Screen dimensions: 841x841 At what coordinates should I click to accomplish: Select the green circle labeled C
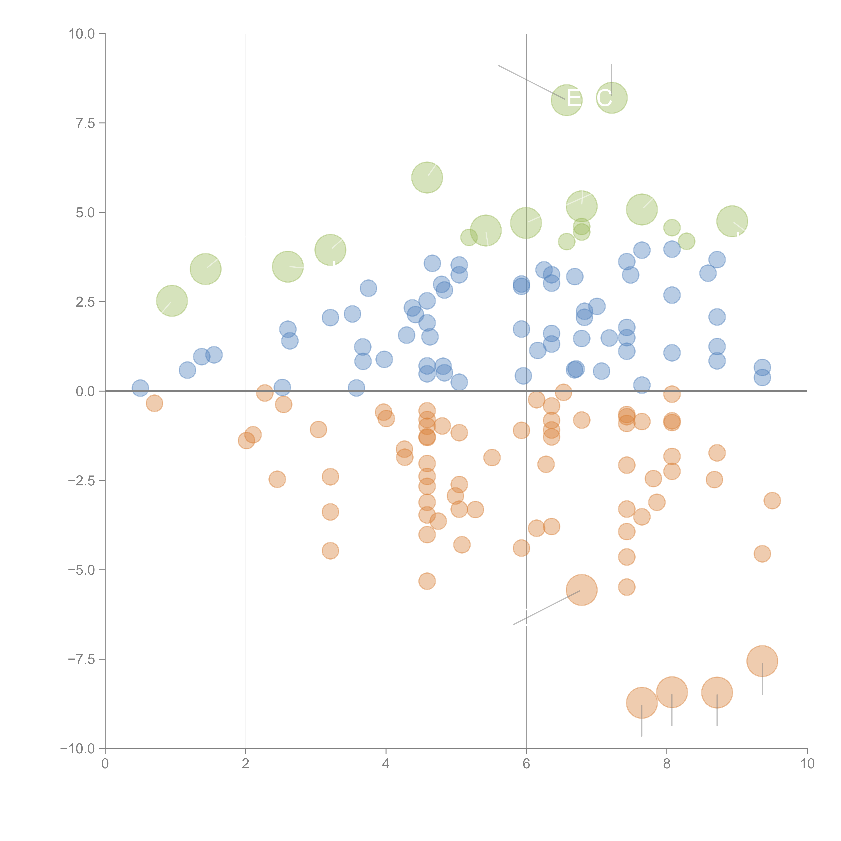(x=612, y=98)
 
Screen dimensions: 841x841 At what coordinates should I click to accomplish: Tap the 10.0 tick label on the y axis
(x=82, y=34)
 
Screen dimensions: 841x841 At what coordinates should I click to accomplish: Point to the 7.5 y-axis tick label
(x=85, y=123)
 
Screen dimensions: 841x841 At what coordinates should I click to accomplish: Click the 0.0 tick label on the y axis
(x=85, y=391)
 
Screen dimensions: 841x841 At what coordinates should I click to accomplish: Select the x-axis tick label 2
(x=246, y=764)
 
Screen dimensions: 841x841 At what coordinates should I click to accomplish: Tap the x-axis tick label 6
(x=526, y=764)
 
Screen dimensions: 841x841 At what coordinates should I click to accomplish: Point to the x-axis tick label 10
(x=807, y=764)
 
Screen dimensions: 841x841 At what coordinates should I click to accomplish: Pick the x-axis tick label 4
(x=386, y=764)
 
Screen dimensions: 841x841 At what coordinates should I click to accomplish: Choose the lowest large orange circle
(x=642, y=703)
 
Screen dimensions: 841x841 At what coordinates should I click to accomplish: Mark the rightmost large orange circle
(x=762, y=661)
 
